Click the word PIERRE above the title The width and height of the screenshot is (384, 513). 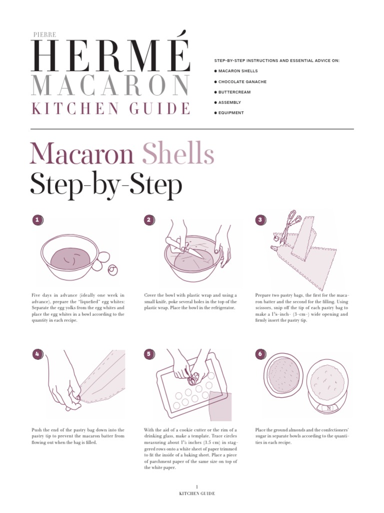44,34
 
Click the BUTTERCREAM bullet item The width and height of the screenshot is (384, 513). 234,92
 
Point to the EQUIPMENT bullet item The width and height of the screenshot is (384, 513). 230,113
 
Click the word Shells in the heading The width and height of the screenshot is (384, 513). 178,154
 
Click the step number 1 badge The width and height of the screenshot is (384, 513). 37,220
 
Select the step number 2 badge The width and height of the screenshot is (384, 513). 149,220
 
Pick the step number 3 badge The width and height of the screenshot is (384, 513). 260,220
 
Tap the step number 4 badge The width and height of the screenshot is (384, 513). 37,354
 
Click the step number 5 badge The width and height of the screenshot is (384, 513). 149,354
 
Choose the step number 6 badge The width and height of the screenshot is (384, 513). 260,354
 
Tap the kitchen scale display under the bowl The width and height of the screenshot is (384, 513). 328,408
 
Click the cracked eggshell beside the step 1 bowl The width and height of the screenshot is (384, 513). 113,269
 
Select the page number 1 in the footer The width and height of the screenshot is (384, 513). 197,487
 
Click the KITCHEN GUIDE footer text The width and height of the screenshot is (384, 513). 197,494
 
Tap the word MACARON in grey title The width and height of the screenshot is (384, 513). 110,86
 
